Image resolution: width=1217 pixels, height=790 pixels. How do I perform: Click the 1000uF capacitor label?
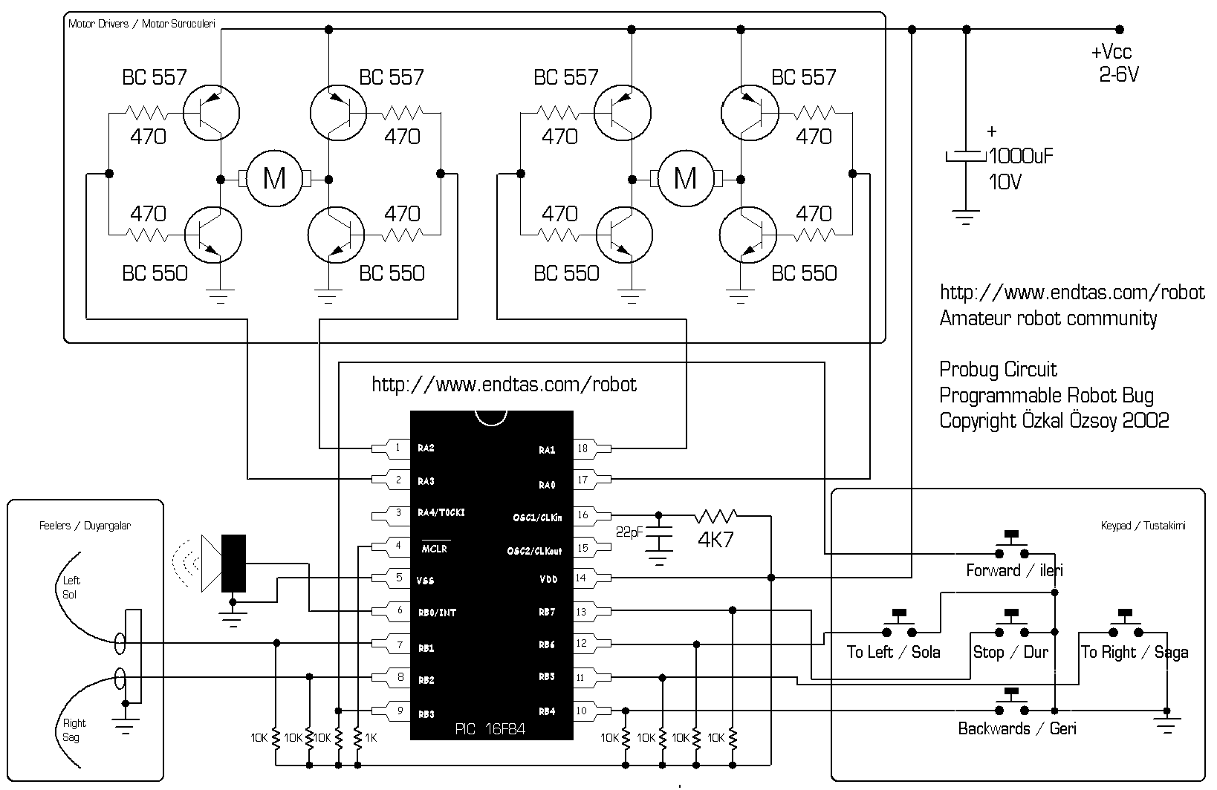tap(1021, 157)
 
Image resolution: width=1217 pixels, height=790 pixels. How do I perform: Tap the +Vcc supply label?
tap(1111, 52)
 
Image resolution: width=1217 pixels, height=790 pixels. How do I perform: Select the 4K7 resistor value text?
tap(715, 539)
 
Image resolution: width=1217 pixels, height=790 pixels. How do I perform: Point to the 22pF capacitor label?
tap(629, 532)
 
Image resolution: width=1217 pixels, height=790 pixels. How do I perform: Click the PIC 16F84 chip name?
tap(490, 728)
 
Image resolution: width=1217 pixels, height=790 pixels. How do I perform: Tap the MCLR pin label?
tap(434, 549)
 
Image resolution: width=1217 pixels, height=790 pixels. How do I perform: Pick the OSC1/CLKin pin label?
tap(537, 518)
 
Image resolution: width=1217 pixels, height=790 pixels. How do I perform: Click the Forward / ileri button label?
tap(1014, 570)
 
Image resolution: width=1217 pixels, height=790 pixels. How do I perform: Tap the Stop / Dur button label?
tap(1010, 652)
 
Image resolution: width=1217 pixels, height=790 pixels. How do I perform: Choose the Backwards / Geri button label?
tap(1017, 728)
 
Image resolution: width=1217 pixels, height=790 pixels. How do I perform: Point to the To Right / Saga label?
tap(1135, 652)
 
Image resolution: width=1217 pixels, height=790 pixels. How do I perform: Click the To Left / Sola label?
tap(893, 652)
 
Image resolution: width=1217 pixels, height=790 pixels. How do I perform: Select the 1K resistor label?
tap(371, 737)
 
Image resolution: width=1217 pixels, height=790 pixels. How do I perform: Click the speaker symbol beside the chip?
tap(224, 564)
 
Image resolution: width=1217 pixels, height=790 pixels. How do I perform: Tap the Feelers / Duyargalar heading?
tap(85, 526)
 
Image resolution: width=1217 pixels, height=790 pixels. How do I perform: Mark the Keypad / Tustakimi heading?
tap(1143, 526)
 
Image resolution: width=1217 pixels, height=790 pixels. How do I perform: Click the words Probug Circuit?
tap(998, 370)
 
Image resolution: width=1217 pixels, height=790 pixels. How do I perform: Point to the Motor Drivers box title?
tap(142, 24)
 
